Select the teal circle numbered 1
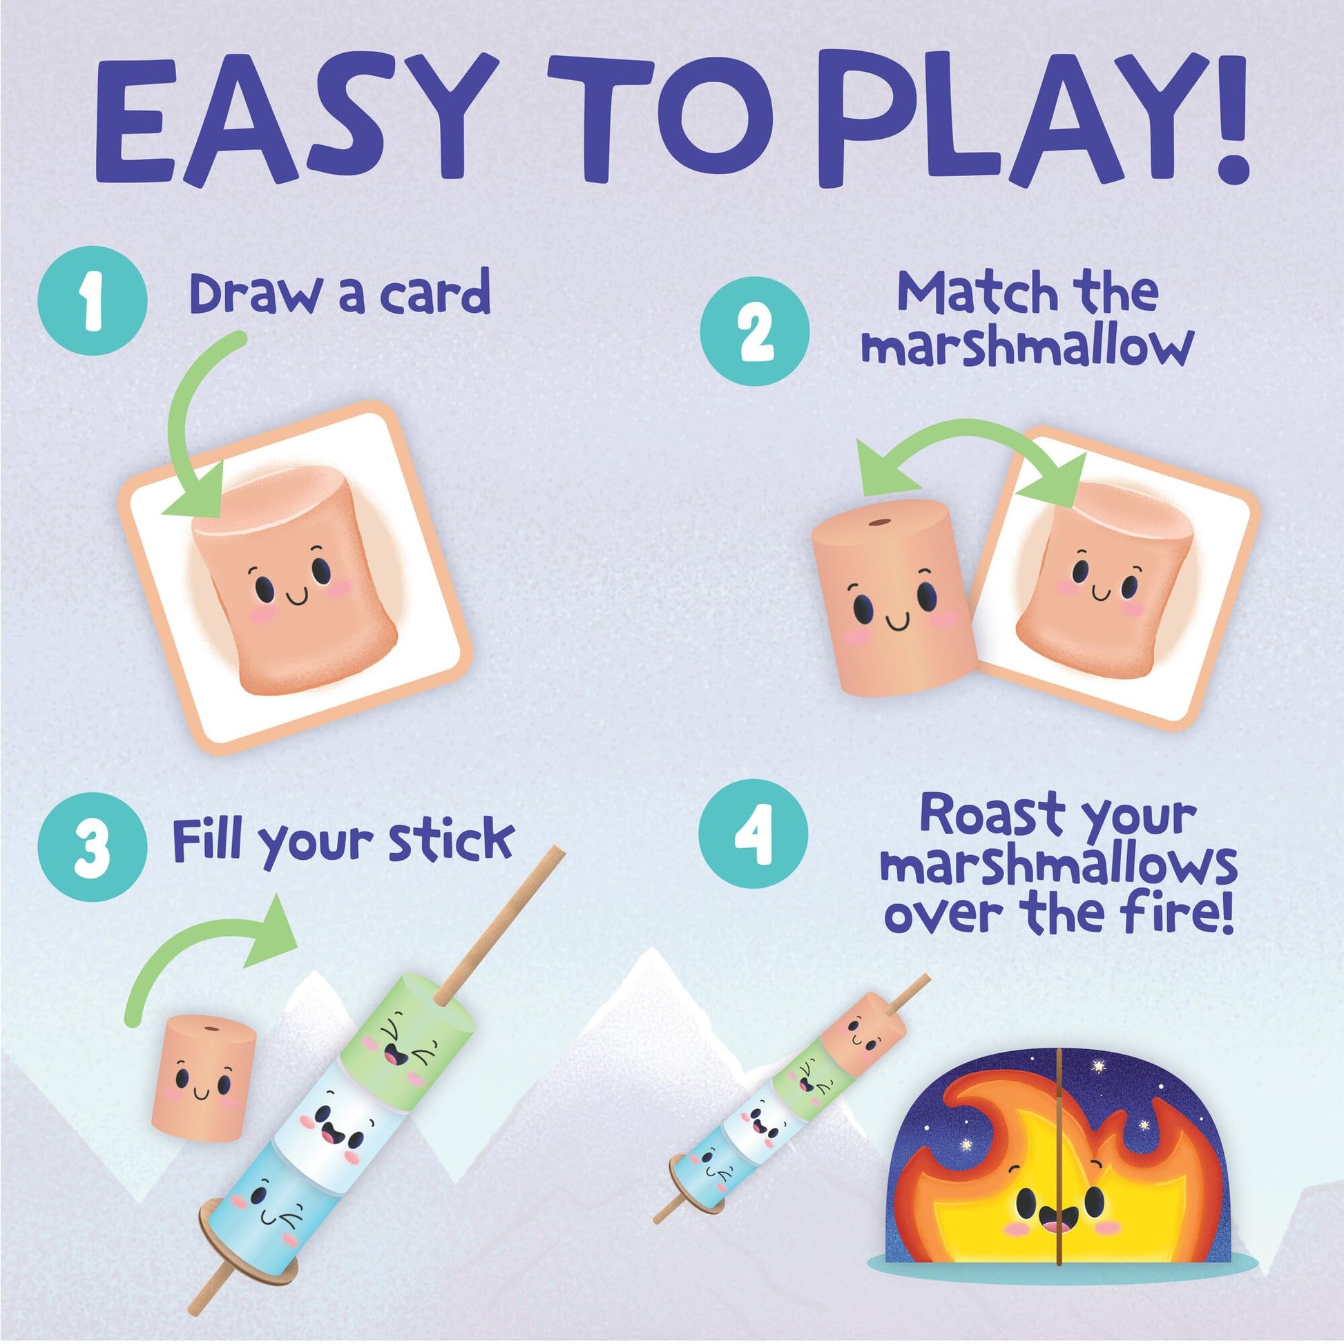tap(93, 300)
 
